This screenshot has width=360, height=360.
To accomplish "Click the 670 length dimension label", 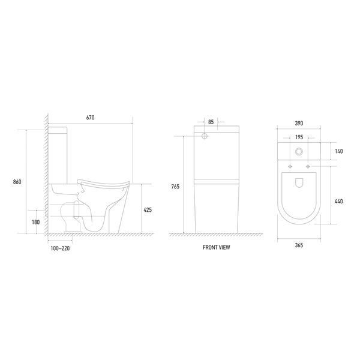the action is [x=90, y=118].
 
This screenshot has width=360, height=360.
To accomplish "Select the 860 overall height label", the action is [x=17, y=182].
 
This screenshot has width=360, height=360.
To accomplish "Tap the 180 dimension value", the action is [x=36, y=222].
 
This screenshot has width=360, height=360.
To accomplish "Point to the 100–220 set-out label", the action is [x=60, y=248].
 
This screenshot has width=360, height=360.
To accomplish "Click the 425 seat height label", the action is [x=148, y=210].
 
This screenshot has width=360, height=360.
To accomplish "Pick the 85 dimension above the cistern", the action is [x=211, y=122].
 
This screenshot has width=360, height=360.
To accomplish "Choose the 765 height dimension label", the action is [x=175, y=187].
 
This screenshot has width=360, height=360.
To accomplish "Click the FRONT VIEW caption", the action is [x=216, y=247].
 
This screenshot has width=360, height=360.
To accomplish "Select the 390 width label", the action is [x=299, y=123].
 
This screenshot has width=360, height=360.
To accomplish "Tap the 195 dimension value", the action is [x=299, y=137].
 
